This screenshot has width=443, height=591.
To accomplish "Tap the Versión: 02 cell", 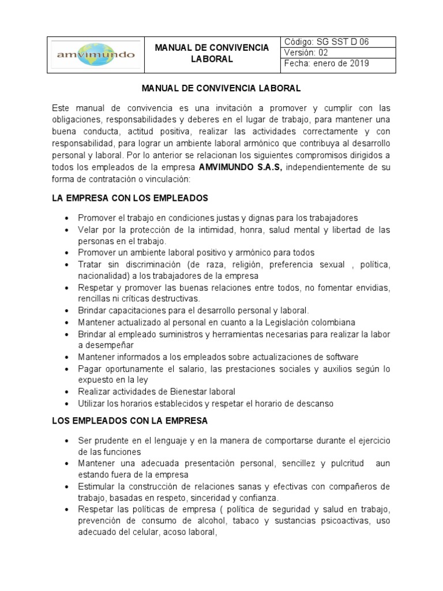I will pos(339,53).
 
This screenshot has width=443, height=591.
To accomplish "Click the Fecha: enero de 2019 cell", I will pos(339,63).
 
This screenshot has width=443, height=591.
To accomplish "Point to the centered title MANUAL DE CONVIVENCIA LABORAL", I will pos(221,89).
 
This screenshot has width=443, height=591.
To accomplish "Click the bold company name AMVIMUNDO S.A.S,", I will pos(240,168).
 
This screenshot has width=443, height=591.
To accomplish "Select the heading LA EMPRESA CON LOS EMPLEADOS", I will pos(130,198).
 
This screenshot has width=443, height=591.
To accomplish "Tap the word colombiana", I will pos(332,322).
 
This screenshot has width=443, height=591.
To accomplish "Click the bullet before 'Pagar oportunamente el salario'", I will pos(68,369).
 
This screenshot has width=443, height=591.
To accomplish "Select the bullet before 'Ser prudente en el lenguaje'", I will pos(68,441).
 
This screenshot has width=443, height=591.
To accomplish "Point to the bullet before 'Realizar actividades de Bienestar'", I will pos(68,392).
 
